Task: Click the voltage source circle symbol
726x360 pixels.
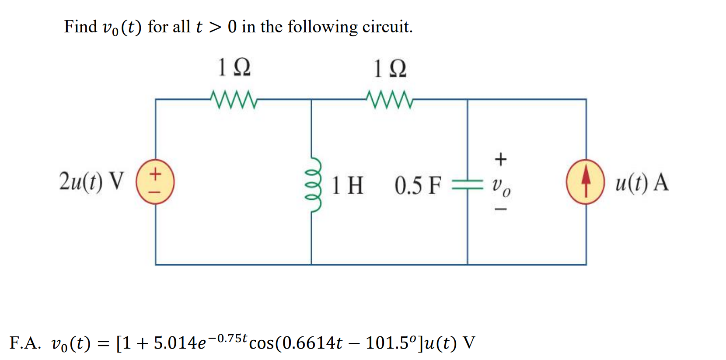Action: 155,182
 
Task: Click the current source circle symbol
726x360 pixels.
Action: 586,182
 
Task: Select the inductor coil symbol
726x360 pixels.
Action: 313,184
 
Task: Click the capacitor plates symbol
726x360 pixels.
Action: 467,185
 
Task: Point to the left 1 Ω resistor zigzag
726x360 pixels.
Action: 234,99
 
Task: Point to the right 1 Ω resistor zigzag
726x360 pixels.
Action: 390,99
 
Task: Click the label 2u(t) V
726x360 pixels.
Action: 91,182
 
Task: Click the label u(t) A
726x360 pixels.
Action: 642,182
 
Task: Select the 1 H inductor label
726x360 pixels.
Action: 348,185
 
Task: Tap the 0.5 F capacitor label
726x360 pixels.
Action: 418,185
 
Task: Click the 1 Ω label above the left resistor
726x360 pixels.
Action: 234,67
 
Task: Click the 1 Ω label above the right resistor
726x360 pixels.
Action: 390,68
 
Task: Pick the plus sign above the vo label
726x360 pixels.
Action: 500,159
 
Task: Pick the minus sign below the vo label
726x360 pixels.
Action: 500,210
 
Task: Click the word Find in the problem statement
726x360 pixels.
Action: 81,27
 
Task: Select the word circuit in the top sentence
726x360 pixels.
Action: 387,27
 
